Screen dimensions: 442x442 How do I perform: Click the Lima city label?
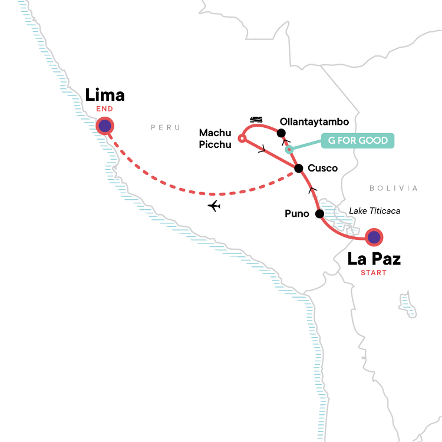104,95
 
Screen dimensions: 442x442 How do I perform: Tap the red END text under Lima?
104,109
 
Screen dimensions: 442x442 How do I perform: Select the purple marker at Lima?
105,126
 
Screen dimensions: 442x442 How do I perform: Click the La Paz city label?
374,259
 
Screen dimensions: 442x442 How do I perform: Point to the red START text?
374,273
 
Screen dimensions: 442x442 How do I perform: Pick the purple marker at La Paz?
374,238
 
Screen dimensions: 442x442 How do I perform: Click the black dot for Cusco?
299,169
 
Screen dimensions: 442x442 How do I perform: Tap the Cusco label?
322,169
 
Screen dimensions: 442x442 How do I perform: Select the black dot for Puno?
319,214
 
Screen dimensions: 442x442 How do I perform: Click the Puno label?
297,214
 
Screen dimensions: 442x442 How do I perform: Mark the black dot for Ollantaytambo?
281,133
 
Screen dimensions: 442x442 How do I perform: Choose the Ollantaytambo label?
314,122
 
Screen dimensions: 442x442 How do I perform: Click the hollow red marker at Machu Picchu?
242,138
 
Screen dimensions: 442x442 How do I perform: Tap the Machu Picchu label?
215,138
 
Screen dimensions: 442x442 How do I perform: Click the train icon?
256,120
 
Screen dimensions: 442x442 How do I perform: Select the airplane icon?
214,206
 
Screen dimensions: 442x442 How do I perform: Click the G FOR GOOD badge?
358,141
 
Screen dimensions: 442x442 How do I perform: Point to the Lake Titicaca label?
374,211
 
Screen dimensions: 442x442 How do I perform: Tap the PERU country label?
166,128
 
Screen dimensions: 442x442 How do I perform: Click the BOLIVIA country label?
394,189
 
